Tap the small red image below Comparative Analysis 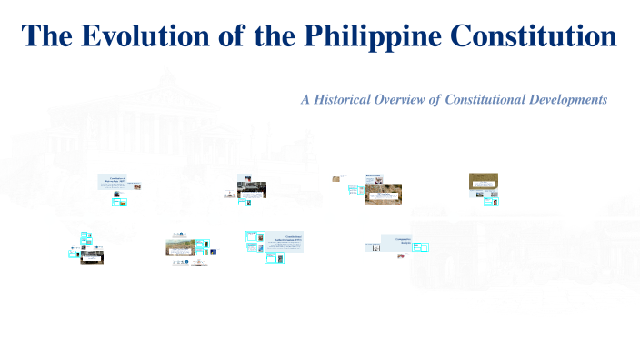pyautogui.click(x=400, y=257)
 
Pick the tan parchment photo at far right pyautogui.click(x=483, y=180)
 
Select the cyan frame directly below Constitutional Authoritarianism pyautogui.click(x=270, y=258)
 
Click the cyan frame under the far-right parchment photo pyautogui.click(x=490, y=202)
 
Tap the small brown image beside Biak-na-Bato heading pyautogui.click(x=137, y=186)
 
